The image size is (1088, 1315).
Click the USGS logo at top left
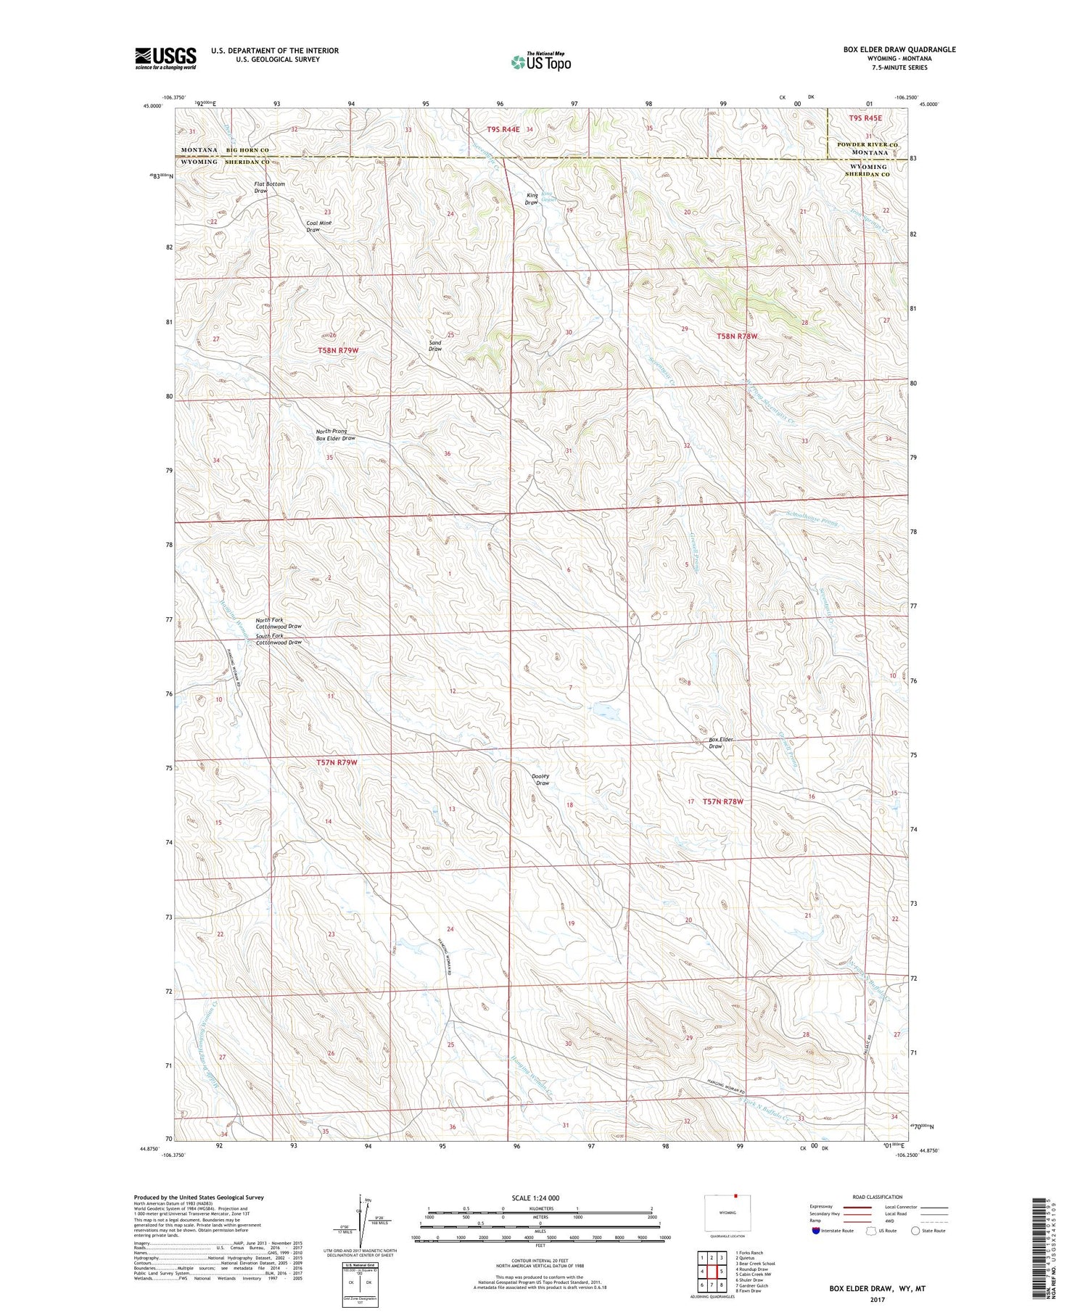coord(165,58)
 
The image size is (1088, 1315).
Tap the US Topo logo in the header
coord(540,62)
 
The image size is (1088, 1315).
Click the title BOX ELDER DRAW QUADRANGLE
coord(899,49)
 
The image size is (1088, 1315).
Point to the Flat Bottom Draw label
coord(269,187)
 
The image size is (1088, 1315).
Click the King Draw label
coord(532,199)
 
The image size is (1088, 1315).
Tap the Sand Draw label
coord(435,346)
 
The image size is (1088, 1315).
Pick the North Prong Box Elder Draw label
coord(335,434)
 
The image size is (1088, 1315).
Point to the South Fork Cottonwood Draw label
coord(278,639)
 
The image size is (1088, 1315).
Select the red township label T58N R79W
coord(338,350)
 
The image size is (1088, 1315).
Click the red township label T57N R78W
coord(723,801)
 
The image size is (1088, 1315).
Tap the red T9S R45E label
coord(865,118)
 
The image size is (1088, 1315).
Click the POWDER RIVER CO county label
coord(867,144)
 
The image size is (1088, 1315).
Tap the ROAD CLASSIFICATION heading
coord(877,1197)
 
